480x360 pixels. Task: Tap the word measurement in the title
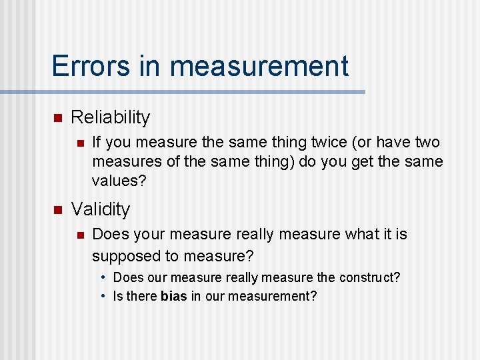tap(259, 66)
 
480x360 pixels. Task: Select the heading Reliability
tap(111, 117)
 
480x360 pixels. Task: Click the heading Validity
tap(101, 209)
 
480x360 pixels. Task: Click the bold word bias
tap(174, 296)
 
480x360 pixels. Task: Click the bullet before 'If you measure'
tap(79, 142)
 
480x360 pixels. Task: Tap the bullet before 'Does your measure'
tap(79, 235)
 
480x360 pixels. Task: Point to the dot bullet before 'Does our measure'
tap(105, 277)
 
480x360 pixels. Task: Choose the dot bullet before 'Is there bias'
tap(105, 296)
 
